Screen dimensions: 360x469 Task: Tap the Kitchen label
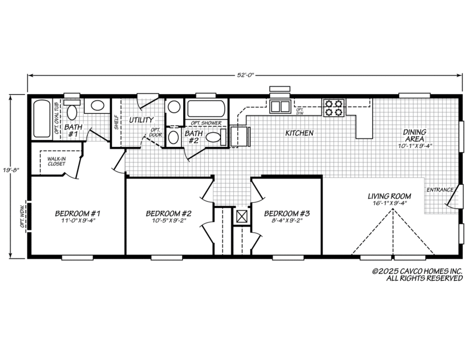tap(299, 133)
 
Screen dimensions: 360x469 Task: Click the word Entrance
tap(440, 190)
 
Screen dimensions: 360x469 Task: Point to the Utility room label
tap(141, 120)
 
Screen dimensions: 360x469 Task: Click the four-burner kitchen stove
tap(333, 107)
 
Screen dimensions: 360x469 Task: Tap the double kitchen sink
tap(280, 106)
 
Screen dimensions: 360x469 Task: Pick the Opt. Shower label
tap(206, 123)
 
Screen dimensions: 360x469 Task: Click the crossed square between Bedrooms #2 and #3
tap(242, 217)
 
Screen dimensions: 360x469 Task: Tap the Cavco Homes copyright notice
tap(417, 275)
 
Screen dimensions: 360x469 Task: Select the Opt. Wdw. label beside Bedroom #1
tap(22, 218)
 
